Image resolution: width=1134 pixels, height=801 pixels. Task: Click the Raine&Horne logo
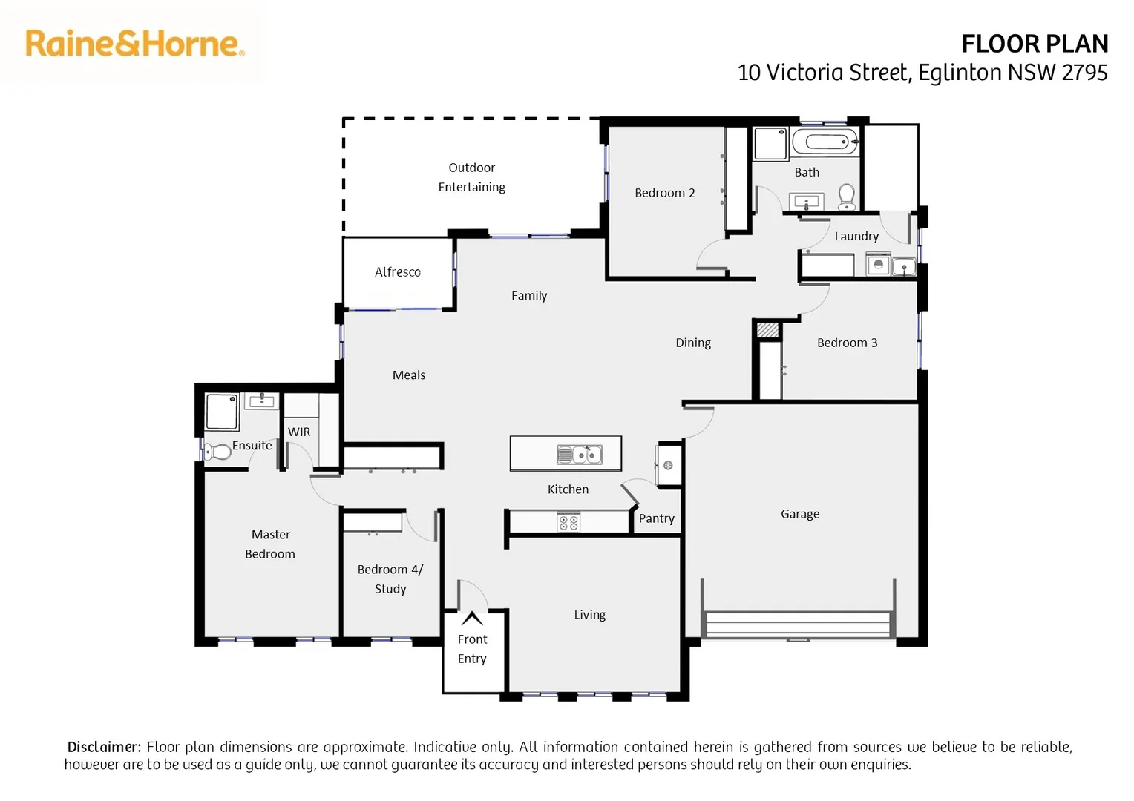pyautogui.click(x=134, y=44)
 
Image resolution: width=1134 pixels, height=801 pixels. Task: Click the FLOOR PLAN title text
pyautogui.click(x=1034, y=44)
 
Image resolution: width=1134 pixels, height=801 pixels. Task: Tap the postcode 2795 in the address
pyautogui.click(x=1084, y=73)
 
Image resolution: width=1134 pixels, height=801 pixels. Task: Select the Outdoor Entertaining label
pyautogui.click(x=471, y=177)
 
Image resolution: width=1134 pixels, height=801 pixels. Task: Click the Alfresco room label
pyautogui.click(x=397, y=272)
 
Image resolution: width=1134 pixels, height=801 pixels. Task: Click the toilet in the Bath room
pyautogui.click(x=847, y=197)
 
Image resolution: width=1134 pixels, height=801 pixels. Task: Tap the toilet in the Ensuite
pyautogui.click(x=217, y=451)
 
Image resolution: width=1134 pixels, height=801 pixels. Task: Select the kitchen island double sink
pyautogui.click(x=580, y=454)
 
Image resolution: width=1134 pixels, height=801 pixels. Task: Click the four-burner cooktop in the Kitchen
pyautogui.click(x=568, y=523)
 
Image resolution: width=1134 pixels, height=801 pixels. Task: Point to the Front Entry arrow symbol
pyautogui.click(x=472, y=618)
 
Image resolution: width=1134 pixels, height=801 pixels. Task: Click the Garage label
pyautogui.click(x=800, y=514)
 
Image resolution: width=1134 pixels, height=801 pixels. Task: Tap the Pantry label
pyautogui.click(x=656, y=518)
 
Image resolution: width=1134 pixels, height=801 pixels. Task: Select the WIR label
pyautogui.click(x=299, y=432)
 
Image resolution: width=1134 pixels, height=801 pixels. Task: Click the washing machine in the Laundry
pyautogui.click(x=879, y=264)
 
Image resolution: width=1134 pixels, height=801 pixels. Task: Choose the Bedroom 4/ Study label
pyautogui.click(x=390, y=578)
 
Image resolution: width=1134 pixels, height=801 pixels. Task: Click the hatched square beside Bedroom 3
pyautogui.click(x=767, y=330)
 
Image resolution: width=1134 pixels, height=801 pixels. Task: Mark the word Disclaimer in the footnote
pyautogui.click(x=104, y=747)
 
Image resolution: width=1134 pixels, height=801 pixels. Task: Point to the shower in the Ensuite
pyautogui.click(x=222, y=412)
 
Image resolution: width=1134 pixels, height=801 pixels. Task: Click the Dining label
pyautogui.click(x=692, y=343)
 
